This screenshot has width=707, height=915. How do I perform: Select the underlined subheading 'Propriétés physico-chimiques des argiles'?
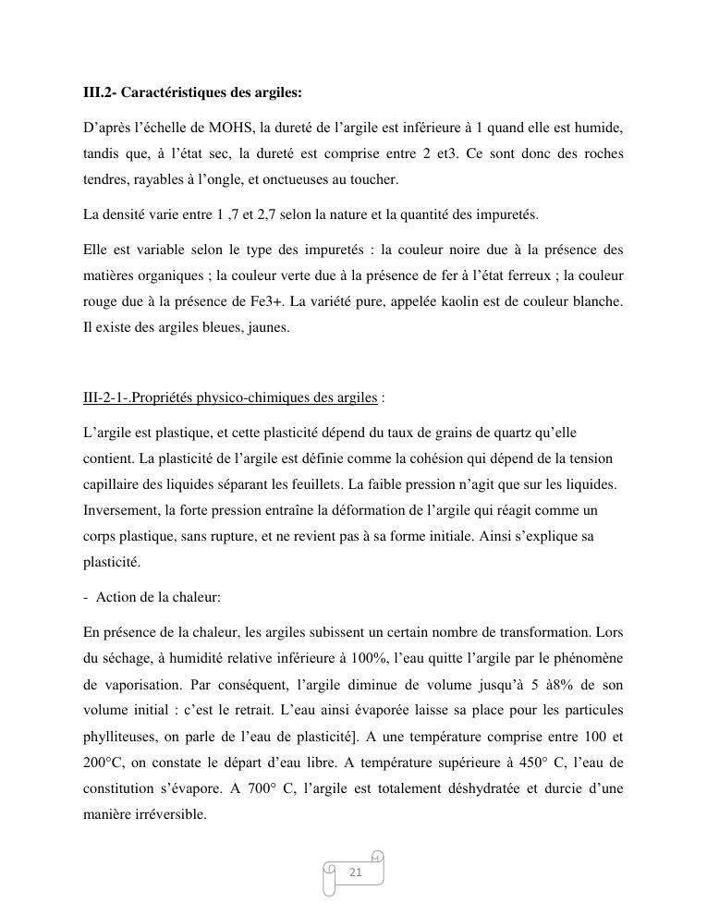pyautogui.click(x=230, y=397)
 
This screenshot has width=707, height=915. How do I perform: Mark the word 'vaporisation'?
pyautogui.click(x=138, y=684)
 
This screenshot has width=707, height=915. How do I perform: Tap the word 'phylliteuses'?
pyautogui.click(x=117, y=736)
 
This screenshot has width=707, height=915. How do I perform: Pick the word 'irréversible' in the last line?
pyautogui.click(x=171, y=815)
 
